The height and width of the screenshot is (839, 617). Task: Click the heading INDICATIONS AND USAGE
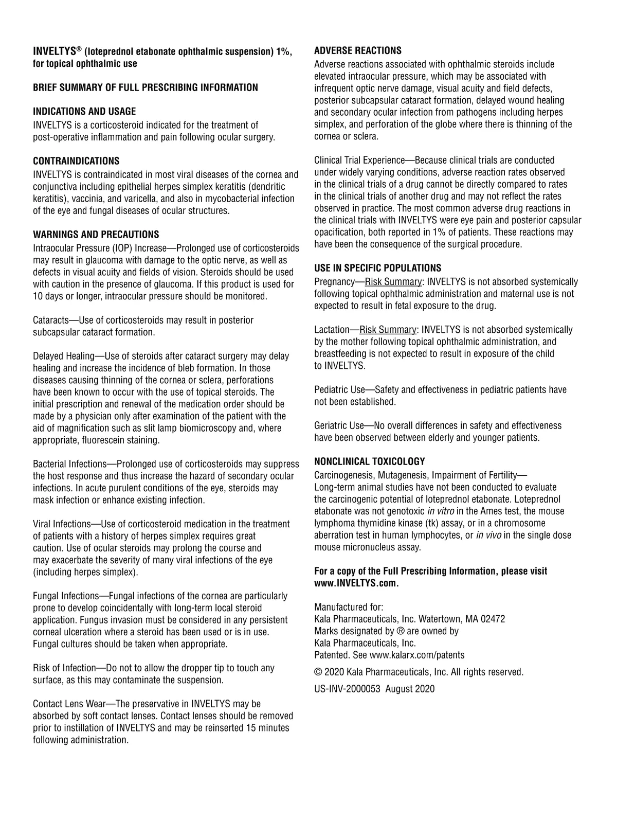coord(84,112)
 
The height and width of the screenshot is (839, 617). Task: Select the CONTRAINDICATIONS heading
coord(76,161)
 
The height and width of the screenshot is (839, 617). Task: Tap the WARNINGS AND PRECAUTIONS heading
coord(96,235)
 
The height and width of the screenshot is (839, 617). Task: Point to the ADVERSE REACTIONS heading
coord(358,50)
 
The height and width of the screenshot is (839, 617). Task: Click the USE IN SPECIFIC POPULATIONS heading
coord(378,268)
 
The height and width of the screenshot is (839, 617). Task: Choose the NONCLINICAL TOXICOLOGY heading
coord(370,461)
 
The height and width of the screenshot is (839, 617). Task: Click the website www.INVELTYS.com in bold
coord(357,583)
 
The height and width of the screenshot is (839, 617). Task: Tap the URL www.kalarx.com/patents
coord(417,655)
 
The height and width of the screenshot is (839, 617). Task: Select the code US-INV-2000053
coord(347,689)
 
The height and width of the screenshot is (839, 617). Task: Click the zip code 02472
coord(493,619)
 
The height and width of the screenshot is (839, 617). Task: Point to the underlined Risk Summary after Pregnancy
coord(393,282)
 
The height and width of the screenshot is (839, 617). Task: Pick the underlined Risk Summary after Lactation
coord(388,330)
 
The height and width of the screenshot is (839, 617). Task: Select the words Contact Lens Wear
coord(65,704)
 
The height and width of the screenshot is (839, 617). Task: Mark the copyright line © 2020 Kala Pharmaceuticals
coord(419,672)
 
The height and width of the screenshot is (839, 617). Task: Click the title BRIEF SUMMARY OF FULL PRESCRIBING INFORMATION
coord(146,87)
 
